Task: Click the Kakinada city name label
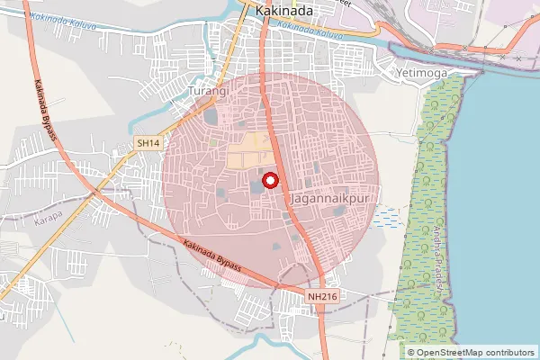coord(284,10)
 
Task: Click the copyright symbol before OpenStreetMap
coord(410,352)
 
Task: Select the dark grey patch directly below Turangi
coord(211,116)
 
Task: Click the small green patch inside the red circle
coord(213,141)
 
